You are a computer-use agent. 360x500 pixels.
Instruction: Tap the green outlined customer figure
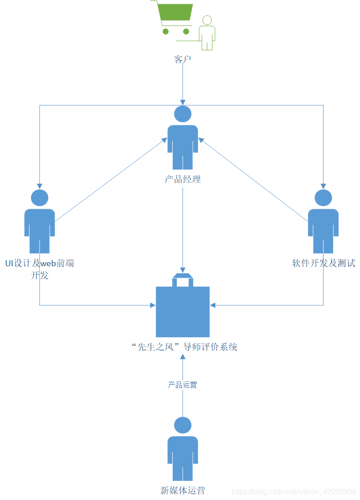[207, 33]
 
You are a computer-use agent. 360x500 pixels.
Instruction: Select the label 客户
[182, 59]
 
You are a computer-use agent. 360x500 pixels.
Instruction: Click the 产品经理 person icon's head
[183, 114]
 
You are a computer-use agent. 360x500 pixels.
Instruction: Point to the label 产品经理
[183, 179]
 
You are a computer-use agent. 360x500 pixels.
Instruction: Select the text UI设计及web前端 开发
[40, 269]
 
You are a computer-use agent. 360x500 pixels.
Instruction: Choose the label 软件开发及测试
[324, 263]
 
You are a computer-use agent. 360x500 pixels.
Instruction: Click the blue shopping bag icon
[183, 311]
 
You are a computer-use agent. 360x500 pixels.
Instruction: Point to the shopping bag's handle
[183, 279]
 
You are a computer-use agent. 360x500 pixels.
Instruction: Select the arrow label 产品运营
[182, 385]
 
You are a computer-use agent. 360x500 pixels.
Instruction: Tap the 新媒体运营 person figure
[183, 449]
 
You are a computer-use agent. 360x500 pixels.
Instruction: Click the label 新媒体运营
[183, 490]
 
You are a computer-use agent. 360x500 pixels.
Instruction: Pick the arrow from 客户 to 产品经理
[183, 82]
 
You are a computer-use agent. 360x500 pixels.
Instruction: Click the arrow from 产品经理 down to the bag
[183, 228]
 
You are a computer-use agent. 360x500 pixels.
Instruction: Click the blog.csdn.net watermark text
[294, 492]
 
